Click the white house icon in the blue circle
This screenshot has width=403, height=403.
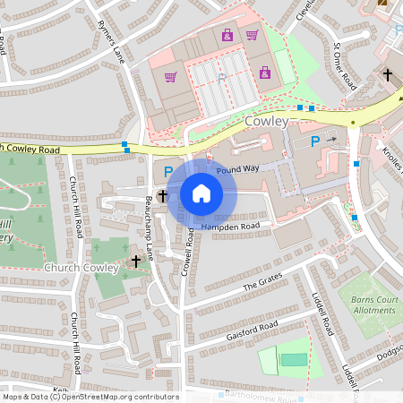click(201, 193)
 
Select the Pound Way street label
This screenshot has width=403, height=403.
click(236, 168)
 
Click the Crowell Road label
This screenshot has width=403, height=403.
click(189, 251)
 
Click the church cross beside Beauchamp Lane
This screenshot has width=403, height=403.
click(162, 195)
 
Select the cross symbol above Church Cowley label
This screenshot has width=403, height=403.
click(136, 261)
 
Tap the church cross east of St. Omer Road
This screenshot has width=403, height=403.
click(388, 75)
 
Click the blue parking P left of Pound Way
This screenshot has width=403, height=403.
click(167, 170)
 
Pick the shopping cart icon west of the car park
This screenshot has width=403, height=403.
click(170, 78)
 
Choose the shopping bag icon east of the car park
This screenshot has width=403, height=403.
click(265, 73)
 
